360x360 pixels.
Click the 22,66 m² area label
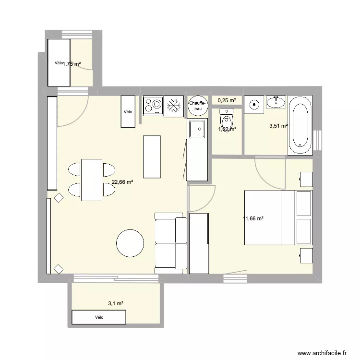122,182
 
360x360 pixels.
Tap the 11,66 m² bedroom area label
254,218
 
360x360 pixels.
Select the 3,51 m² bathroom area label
278,126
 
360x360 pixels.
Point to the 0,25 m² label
227,100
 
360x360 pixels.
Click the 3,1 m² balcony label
116,303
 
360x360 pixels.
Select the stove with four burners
153,106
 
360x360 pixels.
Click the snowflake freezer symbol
174,106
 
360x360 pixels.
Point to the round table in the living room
130,243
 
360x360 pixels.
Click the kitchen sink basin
197,129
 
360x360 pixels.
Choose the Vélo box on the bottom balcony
99,317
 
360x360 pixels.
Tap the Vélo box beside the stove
128,111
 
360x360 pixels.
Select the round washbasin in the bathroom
254,103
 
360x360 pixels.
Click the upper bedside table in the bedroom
306,179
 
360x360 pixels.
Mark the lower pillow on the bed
304,231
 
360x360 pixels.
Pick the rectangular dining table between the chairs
92,180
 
